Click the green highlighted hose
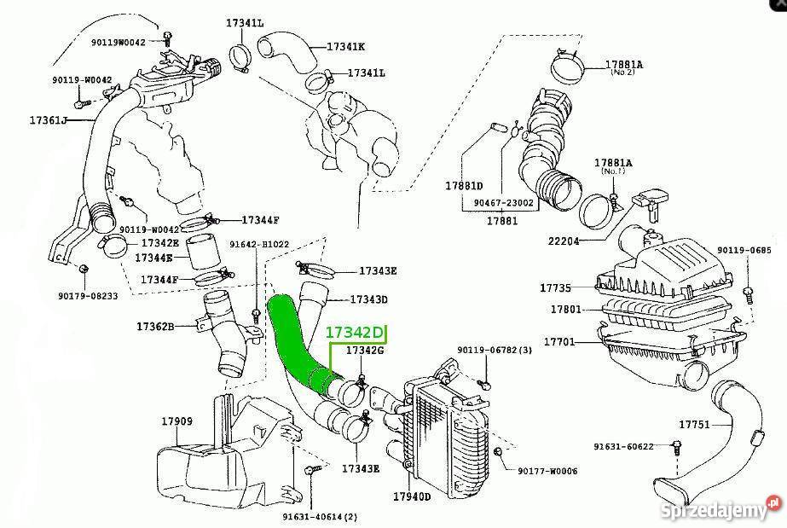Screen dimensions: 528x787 pos(294,341)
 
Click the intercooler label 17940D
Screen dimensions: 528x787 pos(412,496)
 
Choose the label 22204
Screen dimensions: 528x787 pos(563,241)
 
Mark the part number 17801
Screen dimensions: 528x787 pos(564,310)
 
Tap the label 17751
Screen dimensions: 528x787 pos(696,424)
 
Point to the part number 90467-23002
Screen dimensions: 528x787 pos(502,203)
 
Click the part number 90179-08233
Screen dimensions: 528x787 pos(89,296)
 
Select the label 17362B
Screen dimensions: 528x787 pos(155,326)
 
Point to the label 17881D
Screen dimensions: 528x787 pos(464,186)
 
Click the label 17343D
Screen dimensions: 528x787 pos(369,299)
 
